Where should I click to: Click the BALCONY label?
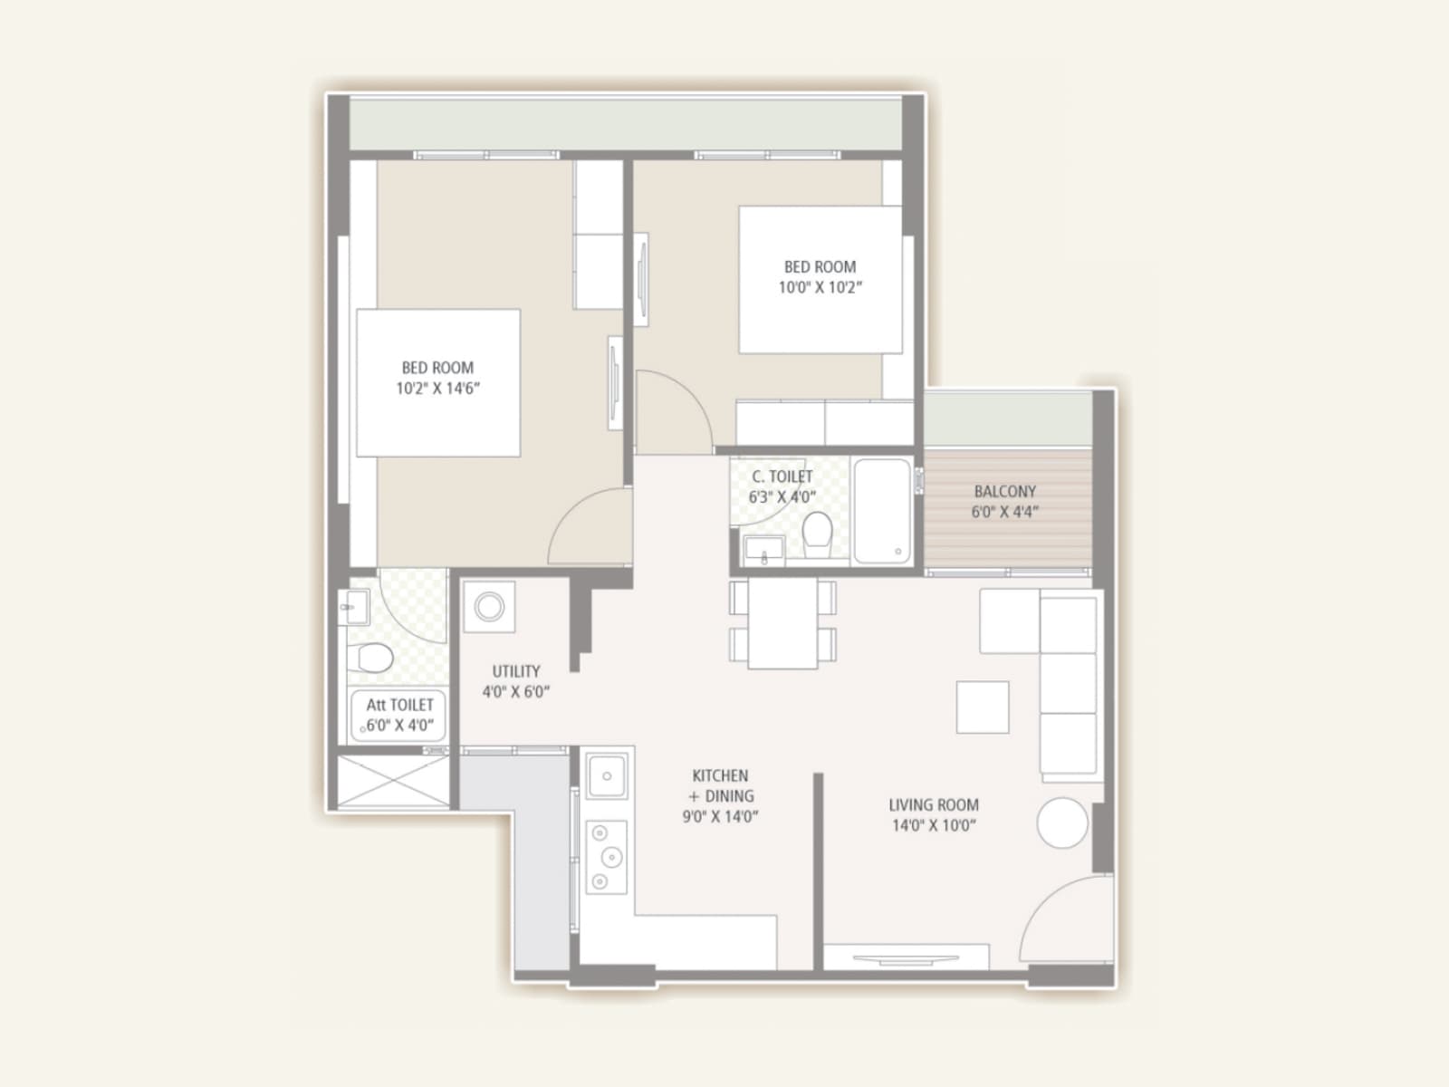(1004, 491)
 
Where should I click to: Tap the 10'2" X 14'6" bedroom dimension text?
(437, 389)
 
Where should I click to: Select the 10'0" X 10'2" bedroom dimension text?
(820, 287)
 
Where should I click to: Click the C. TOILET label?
(782, 476)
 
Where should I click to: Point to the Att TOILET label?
(399, 705)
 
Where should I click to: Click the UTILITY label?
(516, 671)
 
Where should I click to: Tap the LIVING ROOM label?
(933, 804)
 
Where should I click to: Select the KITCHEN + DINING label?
(721, 786)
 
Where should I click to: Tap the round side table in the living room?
(1061, 822)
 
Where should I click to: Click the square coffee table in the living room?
(983, 707)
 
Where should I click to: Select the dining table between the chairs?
(782, 623)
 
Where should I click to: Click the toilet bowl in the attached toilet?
(373, 658)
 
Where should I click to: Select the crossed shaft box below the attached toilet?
(393, 781)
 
